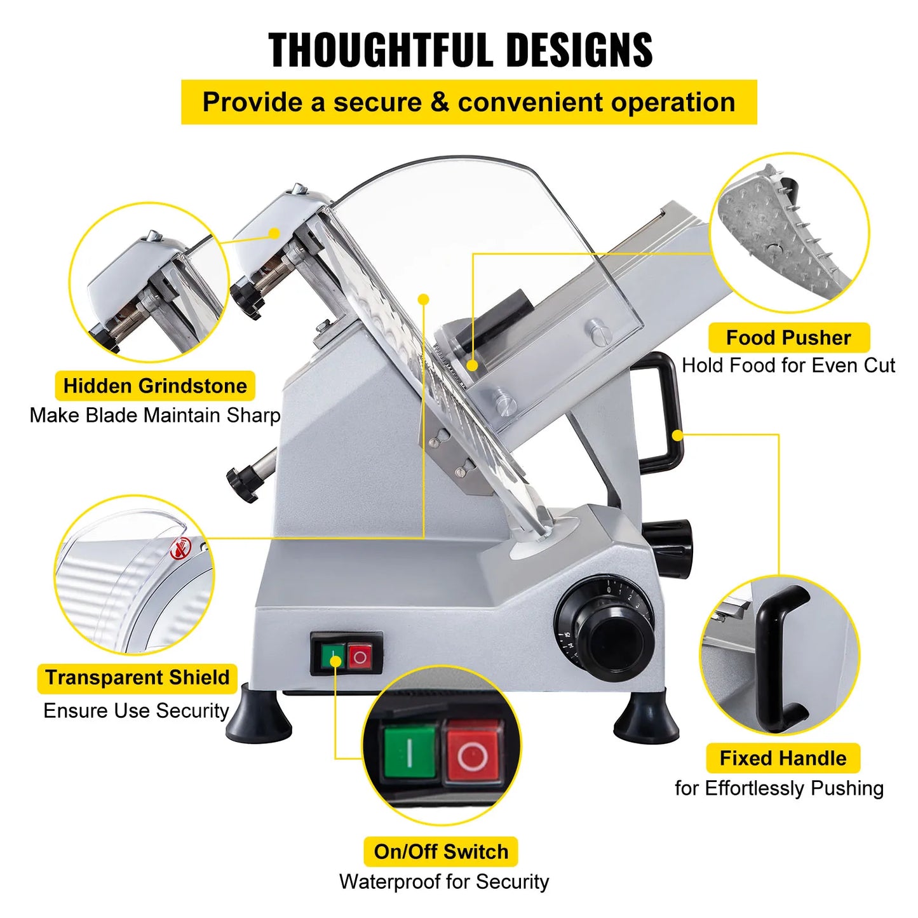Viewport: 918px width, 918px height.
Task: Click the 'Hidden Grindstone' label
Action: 155,386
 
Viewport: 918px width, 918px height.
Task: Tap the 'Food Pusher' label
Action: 788,337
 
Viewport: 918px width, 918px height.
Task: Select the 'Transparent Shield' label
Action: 137,677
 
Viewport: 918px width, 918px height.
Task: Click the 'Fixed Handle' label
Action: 783,758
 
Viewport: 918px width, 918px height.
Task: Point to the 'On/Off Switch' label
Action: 441,851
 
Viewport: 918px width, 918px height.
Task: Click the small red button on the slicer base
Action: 360,657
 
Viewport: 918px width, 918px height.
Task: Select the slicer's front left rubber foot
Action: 259,719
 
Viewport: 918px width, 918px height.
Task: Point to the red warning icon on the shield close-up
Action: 180,549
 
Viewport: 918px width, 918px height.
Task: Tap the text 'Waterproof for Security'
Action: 444,882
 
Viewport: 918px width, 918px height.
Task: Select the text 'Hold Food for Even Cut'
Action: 788,365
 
